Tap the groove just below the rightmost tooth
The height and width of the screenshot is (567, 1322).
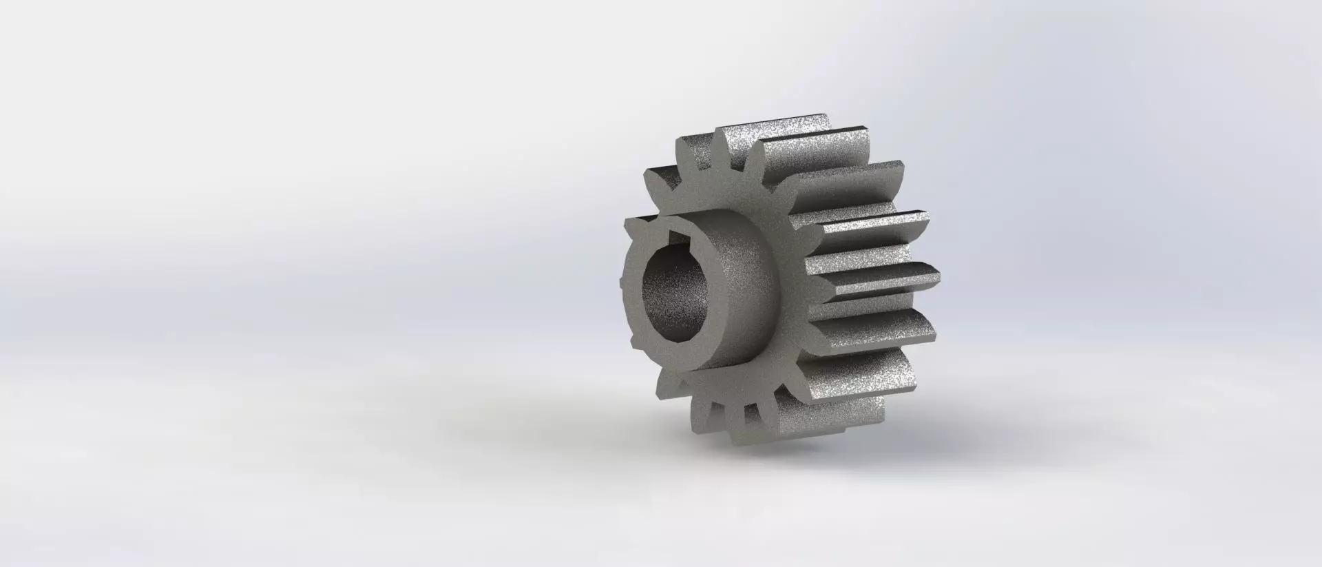pyautogui.click(x=868, y=301)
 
